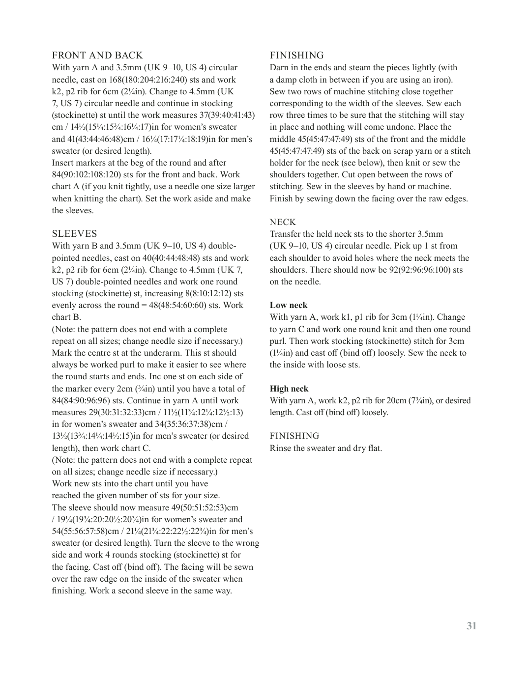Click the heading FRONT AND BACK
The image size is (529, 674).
(x=97, y=56)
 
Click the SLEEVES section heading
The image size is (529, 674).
(x=74, y=234)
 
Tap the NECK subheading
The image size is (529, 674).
(x=283, y=222)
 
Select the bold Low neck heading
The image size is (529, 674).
(x=289, y=305)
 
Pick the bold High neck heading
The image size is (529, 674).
(x=289, y=389)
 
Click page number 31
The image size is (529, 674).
(x=471, y=626)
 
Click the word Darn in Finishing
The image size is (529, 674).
(x=279, y=68)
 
